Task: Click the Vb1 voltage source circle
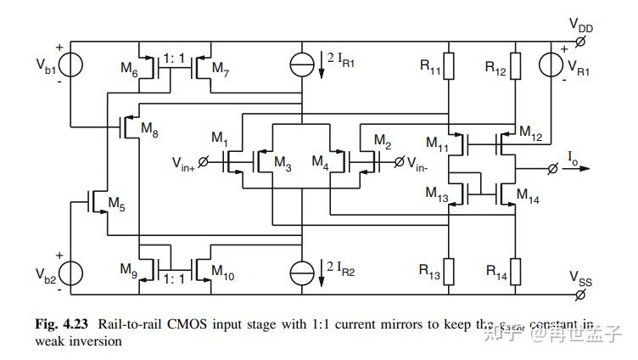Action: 70,65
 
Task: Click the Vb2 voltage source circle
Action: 70,273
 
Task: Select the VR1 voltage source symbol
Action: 553,65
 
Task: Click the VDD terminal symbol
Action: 580,42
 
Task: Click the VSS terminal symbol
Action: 580,295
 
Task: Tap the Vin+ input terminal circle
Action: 203,161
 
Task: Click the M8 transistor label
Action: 148,129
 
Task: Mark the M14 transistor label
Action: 527,200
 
